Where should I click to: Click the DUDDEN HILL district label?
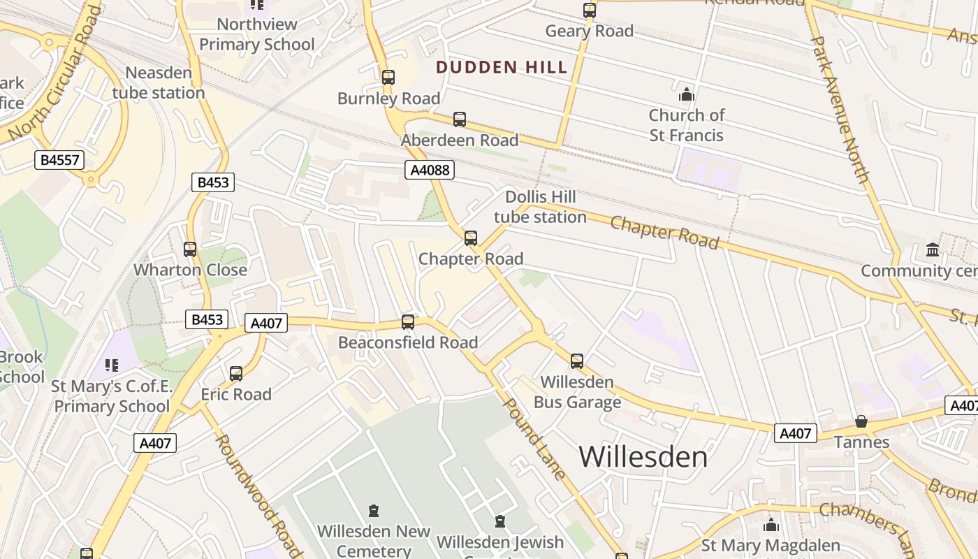(502, 68)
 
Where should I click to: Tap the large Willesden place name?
(643, 457)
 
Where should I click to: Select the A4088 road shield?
(430, 170)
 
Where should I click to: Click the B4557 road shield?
(59, 160)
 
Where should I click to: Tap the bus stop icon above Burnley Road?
(388, 77)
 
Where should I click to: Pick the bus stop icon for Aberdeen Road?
(459, 119)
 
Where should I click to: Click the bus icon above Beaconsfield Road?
(408, 322)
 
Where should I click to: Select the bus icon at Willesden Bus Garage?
(577, 361)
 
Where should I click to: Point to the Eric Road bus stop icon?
(236, 374)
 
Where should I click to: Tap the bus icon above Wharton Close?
(190, 249)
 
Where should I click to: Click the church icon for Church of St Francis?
(686, 94)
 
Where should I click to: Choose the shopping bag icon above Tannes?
(861, 421)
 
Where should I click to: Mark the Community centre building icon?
(932, 249)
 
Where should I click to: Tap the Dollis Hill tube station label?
(540, 207)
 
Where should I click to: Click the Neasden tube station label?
(158, 82)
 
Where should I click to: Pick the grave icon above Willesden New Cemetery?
(374, 511)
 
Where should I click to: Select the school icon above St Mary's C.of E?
(111, 365)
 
